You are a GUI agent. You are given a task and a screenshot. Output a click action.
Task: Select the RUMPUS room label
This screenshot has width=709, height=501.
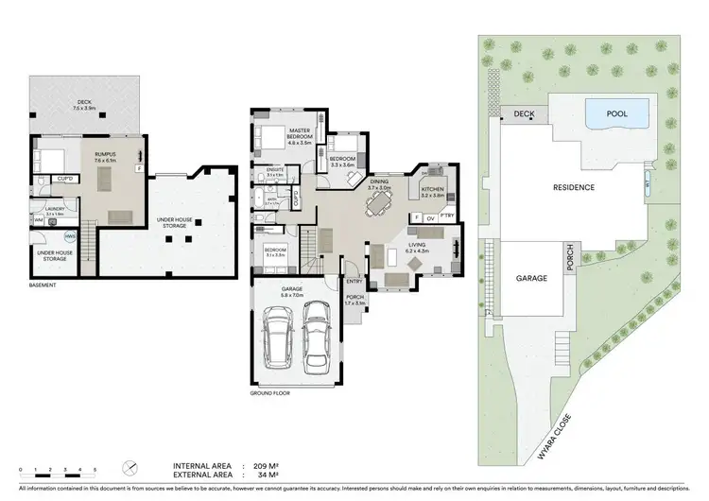pos(104,151)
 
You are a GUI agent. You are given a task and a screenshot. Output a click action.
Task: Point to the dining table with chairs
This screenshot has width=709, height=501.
pos(380,200)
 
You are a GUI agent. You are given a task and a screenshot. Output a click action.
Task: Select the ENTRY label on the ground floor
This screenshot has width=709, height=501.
pos(354,280)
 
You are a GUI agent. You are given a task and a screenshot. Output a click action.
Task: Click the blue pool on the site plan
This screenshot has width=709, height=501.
pos(616,115)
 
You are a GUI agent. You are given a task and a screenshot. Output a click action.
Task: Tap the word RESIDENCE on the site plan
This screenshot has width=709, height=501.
pos(574,187)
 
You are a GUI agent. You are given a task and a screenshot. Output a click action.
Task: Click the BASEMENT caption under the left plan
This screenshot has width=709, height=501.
pos(42,285)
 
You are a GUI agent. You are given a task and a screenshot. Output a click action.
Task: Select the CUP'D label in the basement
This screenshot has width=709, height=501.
pos(65,178)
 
